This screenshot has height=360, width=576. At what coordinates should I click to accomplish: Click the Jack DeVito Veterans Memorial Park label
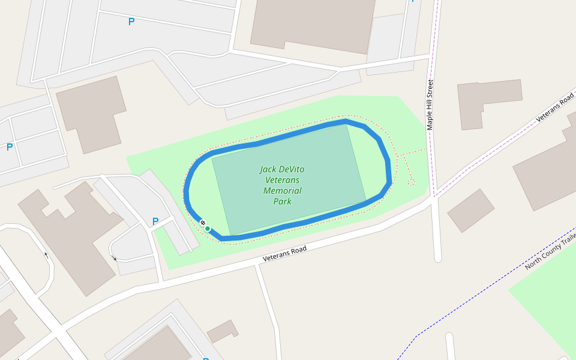(282, 185)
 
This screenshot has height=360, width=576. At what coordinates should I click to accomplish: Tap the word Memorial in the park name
(282, 191)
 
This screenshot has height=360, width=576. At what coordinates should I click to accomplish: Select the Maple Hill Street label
(430, 105)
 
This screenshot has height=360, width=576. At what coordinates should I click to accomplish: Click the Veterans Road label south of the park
(285, 254)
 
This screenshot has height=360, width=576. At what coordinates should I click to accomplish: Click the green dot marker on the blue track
(208, 229)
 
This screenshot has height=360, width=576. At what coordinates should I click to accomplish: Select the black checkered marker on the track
(203, 223)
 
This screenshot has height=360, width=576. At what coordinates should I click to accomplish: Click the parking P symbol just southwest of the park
(155, 221)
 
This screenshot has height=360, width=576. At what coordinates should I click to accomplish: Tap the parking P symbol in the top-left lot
(131, 22)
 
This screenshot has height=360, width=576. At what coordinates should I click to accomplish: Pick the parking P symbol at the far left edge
(10, 147)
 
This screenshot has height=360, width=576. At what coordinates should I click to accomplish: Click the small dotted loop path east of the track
(412, 181)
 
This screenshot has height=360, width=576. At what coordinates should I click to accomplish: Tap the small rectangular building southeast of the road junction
(470, 210)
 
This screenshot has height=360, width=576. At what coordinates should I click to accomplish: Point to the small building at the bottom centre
(223, 331)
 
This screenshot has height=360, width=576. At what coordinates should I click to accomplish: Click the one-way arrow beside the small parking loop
(114, 258)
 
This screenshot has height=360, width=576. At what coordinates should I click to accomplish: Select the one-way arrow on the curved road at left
(46, 255)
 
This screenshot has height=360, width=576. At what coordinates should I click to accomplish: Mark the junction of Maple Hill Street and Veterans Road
(434, 197)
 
